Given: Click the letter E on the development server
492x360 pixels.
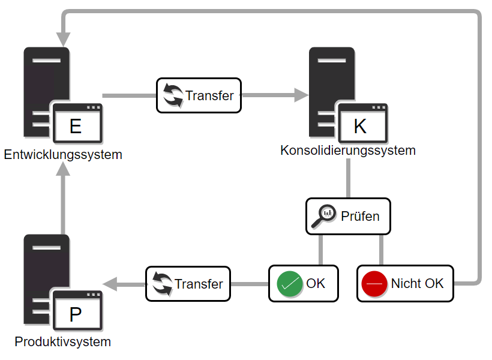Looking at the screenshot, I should (x=76, y=127).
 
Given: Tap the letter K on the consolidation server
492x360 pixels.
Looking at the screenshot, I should (x=360, y=127).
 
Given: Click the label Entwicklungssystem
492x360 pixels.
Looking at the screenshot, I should (x=63, y=155).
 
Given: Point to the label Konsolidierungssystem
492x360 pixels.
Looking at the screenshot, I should (x=348, y=150).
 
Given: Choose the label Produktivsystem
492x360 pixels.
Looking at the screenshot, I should (x=63, y=342).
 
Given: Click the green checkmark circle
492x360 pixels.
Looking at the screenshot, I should (x=290, y=284).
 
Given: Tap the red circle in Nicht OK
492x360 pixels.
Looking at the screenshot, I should (x=374, y=284).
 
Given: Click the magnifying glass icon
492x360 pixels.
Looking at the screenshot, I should (x=324, y=215).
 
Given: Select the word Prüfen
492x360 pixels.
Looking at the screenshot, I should (x=360, y=216).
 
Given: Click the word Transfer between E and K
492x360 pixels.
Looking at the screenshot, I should (x=209, y=95).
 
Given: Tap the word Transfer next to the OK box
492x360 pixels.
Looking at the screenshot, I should (x=199, y=284).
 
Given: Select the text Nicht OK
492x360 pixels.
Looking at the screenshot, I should (x=417, y=284).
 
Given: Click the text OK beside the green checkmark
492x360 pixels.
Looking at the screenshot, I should (x=316, y=283).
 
